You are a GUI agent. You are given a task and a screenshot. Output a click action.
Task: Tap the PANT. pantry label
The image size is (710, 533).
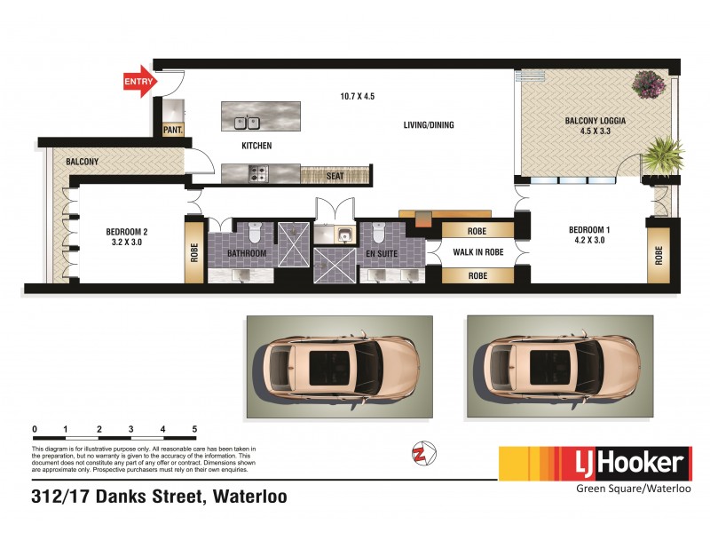pos(173,131)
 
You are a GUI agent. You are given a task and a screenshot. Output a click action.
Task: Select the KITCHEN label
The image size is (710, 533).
pos(256,146)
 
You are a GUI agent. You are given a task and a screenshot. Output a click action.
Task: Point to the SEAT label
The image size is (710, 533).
pos(335,176)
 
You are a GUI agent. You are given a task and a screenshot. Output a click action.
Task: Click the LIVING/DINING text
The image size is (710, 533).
pos(429,125)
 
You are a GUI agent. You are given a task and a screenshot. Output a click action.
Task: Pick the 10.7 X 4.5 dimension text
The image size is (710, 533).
pos(359,96)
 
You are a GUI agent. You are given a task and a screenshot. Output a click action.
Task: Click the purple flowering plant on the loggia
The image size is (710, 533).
pos(650,84)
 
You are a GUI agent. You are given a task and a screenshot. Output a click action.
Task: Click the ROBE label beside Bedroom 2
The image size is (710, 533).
pos(193,252)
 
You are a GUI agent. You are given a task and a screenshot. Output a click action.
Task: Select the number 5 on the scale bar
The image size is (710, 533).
pos(194,429)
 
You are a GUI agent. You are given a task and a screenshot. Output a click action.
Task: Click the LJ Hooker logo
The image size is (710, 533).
pos(595,464)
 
